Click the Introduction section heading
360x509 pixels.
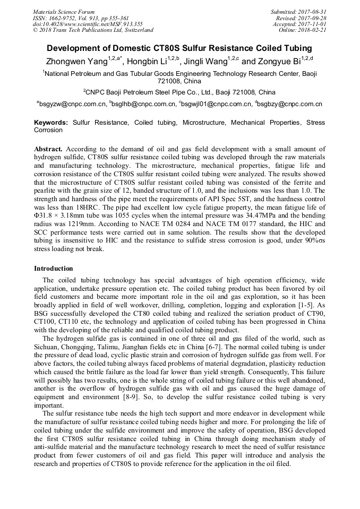pos(53,269)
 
